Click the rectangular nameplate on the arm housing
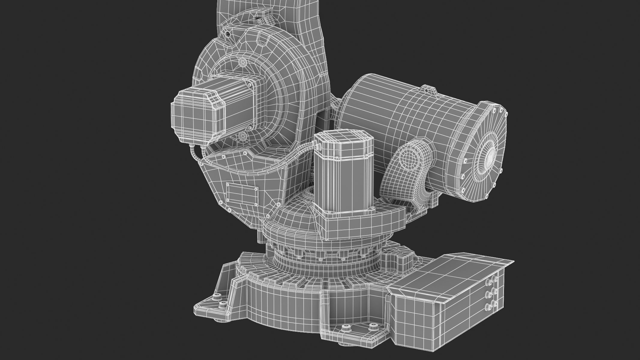coord(242,193)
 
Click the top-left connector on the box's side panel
coord(487,282)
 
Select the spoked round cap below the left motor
coord(242,136)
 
